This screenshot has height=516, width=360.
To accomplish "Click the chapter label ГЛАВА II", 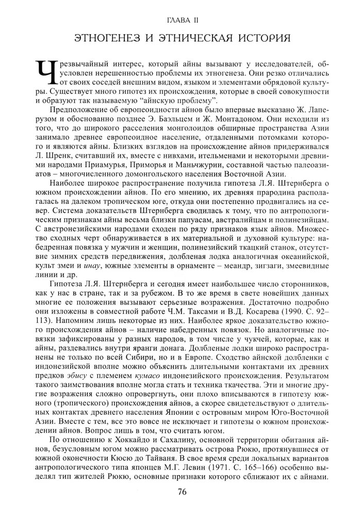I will (x=179, y=19).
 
